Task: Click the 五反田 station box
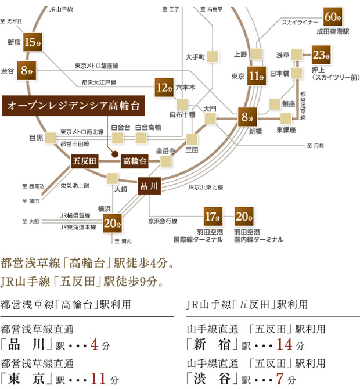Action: click(84, 161)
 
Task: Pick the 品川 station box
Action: click(149, 186)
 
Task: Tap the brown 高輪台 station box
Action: click(134, 161)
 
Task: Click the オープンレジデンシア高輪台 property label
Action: click(72, 106)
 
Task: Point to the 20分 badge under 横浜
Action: click(113, 221)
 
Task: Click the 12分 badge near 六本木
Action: click(164, 88)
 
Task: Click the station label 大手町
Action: click(196, 57)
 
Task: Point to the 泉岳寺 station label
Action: click(165, 151)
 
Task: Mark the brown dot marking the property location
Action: click(115, 154)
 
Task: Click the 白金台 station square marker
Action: click(118, 138)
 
